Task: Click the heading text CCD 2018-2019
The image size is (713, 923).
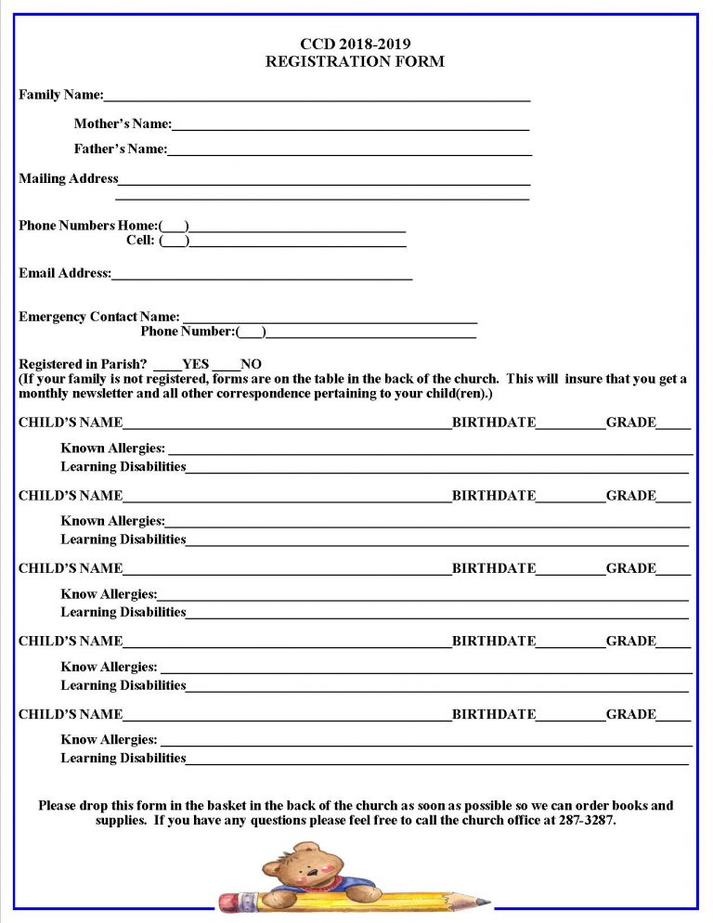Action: coord(355,44)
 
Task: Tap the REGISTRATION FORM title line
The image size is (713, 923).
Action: coord(355,62)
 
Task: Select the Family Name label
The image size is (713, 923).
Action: coord(61,95)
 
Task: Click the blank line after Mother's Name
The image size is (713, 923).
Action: coord(350,124)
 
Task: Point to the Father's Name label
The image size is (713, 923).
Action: coord(121,149)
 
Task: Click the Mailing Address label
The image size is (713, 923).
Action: coord(69,178)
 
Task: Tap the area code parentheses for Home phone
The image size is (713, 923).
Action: coord(175,226)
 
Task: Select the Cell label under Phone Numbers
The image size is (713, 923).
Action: coord(140,241)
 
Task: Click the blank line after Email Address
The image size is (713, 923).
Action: coord(261,274)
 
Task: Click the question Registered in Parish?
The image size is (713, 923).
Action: coord(83,365)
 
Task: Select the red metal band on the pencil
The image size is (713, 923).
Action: coord(252,901)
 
